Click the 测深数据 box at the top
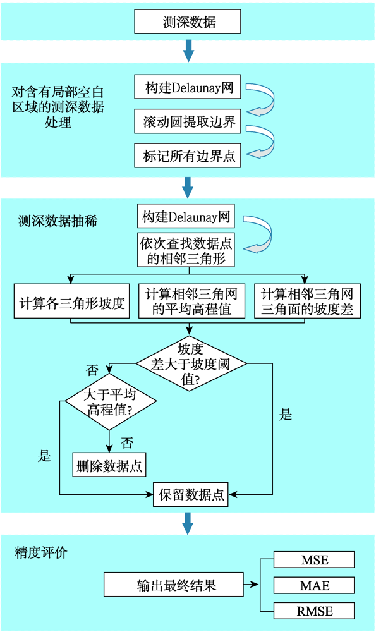click(x=188, y=23)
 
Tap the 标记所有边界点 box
click(x=187, y=155)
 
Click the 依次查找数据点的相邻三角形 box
click(x=187, y=249)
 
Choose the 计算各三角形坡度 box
click(x=71, y=301)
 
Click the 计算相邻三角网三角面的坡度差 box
click(x=307, y=301)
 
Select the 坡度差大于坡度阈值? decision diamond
click(x=191, y=362)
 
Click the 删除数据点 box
click(x=109, y=466)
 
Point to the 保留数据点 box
click(x=191, y=494)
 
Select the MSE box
click(x=314, y=560)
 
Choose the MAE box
click(x=314, y=585)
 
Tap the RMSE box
click(x=314, y=611)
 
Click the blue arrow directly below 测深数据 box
click(x=188, y=50)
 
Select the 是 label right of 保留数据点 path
click(x=286, y=415)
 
